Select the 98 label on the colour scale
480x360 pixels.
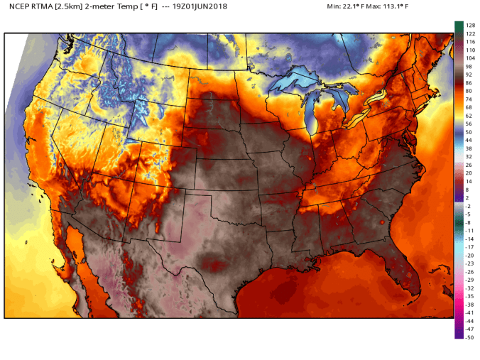469,66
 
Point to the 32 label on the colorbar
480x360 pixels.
469,156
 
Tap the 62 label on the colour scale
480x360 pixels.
469,115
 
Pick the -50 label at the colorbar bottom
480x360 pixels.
469,337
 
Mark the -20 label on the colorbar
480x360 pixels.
469,255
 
